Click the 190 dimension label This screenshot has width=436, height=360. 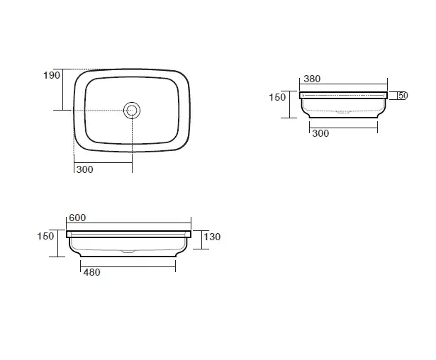click(x=52, y=75)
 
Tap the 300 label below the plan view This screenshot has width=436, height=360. click(x=84, y=169)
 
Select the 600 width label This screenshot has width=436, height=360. click(x=77, y=218)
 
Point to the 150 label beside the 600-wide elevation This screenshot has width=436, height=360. click(x=45, y=236)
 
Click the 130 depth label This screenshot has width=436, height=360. click(x=212, y=237)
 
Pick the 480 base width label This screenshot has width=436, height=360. click(x=91, y=272)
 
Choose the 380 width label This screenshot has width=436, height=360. click(x=312, y=79)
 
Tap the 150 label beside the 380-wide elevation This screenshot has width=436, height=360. click(x=277, y=97)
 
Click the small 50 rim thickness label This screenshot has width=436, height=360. click(x=403, y=96)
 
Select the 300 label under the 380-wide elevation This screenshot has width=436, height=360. click(x=320, y=133)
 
